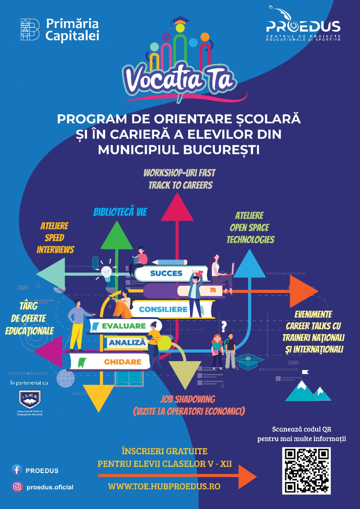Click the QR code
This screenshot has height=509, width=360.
point(306,471)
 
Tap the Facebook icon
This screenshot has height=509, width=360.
point(17,470)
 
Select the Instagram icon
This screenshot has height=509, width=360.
point(17,486)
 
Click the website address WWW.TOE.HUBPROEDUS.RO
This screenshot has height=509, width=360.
point(164,486)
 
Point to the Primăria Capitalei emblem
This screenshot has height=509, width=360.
point(30,30)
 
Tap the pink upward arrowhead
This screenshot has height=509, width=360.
point(177,208)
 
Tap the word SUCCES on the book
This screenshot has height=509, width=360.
point(166,273)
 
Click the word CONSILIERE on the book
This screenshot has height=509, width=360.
point(163,309)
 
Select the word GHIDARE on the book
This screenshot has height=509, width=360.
point(123,362)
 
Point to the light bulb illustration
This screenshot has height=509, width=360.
point(106,273)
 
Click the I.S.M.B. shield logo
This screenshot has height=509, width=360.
point(30,399)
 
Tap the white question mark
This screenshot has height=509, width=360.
point(224,326)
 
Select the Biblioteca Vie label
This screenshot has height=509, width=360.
point(120,212)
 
